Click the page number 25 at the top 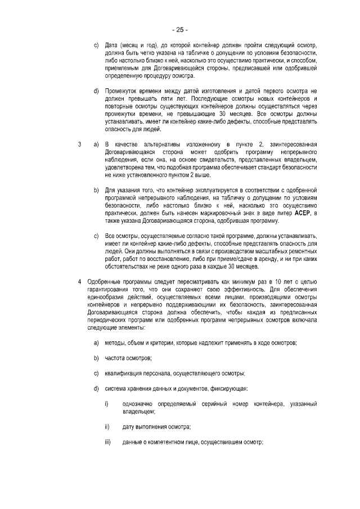pyautogui.click(x=180, y=29)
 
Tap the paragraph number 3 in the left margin pyautogui.click(x=79, y=145)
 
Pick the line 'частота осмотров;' pyautogui.click(x=128, y=358)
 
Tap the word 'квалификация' pyautogui.click(x=124, y=373)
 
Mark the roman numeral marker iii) pyautogui.click(x=107, y=442)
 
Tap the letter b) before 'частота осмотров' pyautogui.click(x=96, y=358)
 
